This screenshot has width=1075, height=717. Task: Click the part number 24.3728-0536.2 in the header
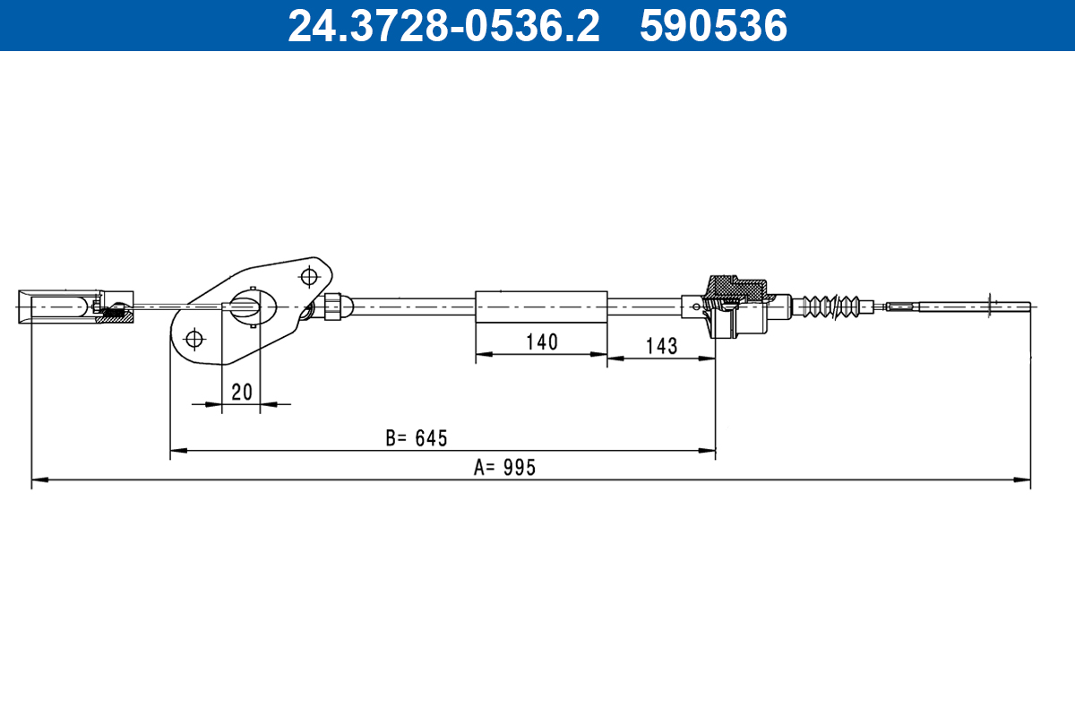(x=443, y=26)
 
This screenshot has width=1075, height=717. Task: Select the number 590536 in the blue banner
(x=713, y=26)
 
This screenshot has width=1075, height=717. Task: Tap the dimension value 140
(x=541, y=341)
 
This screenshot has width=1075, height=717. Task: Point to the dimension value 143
(x=661, y=346)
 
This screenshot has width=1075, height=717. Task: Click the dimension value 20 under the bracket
(x=241, y=392)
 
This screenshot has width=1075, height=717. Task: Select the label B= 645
(x=416, y=438)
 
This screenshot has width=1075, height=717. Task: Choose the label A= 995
(x=505, y=468)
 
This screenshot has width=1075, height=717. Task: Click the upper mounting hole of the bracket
(x=310, y=274)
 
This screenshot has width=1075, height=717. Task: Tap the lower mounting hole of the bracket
(x=193, y=340)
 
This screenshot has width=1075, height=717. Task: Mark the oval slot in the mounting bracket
(x=247, y=306)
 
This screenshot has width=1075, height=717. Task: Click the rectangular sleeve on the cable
(x=541, y=305)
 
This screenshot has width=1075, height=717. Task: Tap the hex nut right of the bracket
(x=331, y=306)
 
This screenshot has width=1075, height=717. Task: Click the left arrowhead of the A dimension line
(x=38, y=480)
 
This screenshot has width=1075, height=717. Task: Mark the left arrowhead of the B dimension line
(x=177, y=449)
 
